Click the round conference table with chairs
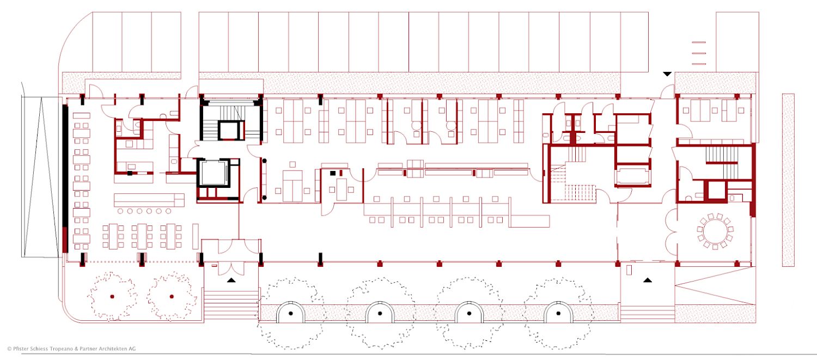pos(715,231)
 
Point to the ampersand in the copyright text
pos(76,349)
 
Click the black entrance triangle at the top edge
pos(667,74)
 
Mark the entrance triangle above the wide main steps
pos(231,280)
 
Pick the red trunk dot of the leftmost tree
pos(112,296)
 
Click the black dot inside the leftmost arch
pos(291,313)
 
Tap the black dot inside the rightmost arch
pos(558,313)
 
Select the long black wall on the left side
pos(65,166)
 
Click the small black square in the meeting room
pos(333,173)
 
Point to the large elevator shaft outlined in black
pos(214,173)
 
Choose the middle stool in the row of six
pos(144,211)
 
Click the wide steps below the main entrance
pos(231,306)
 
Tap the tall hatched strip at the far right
pos(788,180)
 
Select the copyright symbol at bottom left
pos(9,349)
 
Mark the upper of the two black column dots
pos(264,161)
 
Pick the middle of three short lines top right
pos(699,53)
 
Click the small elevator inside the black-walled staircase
pos(229,130)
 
